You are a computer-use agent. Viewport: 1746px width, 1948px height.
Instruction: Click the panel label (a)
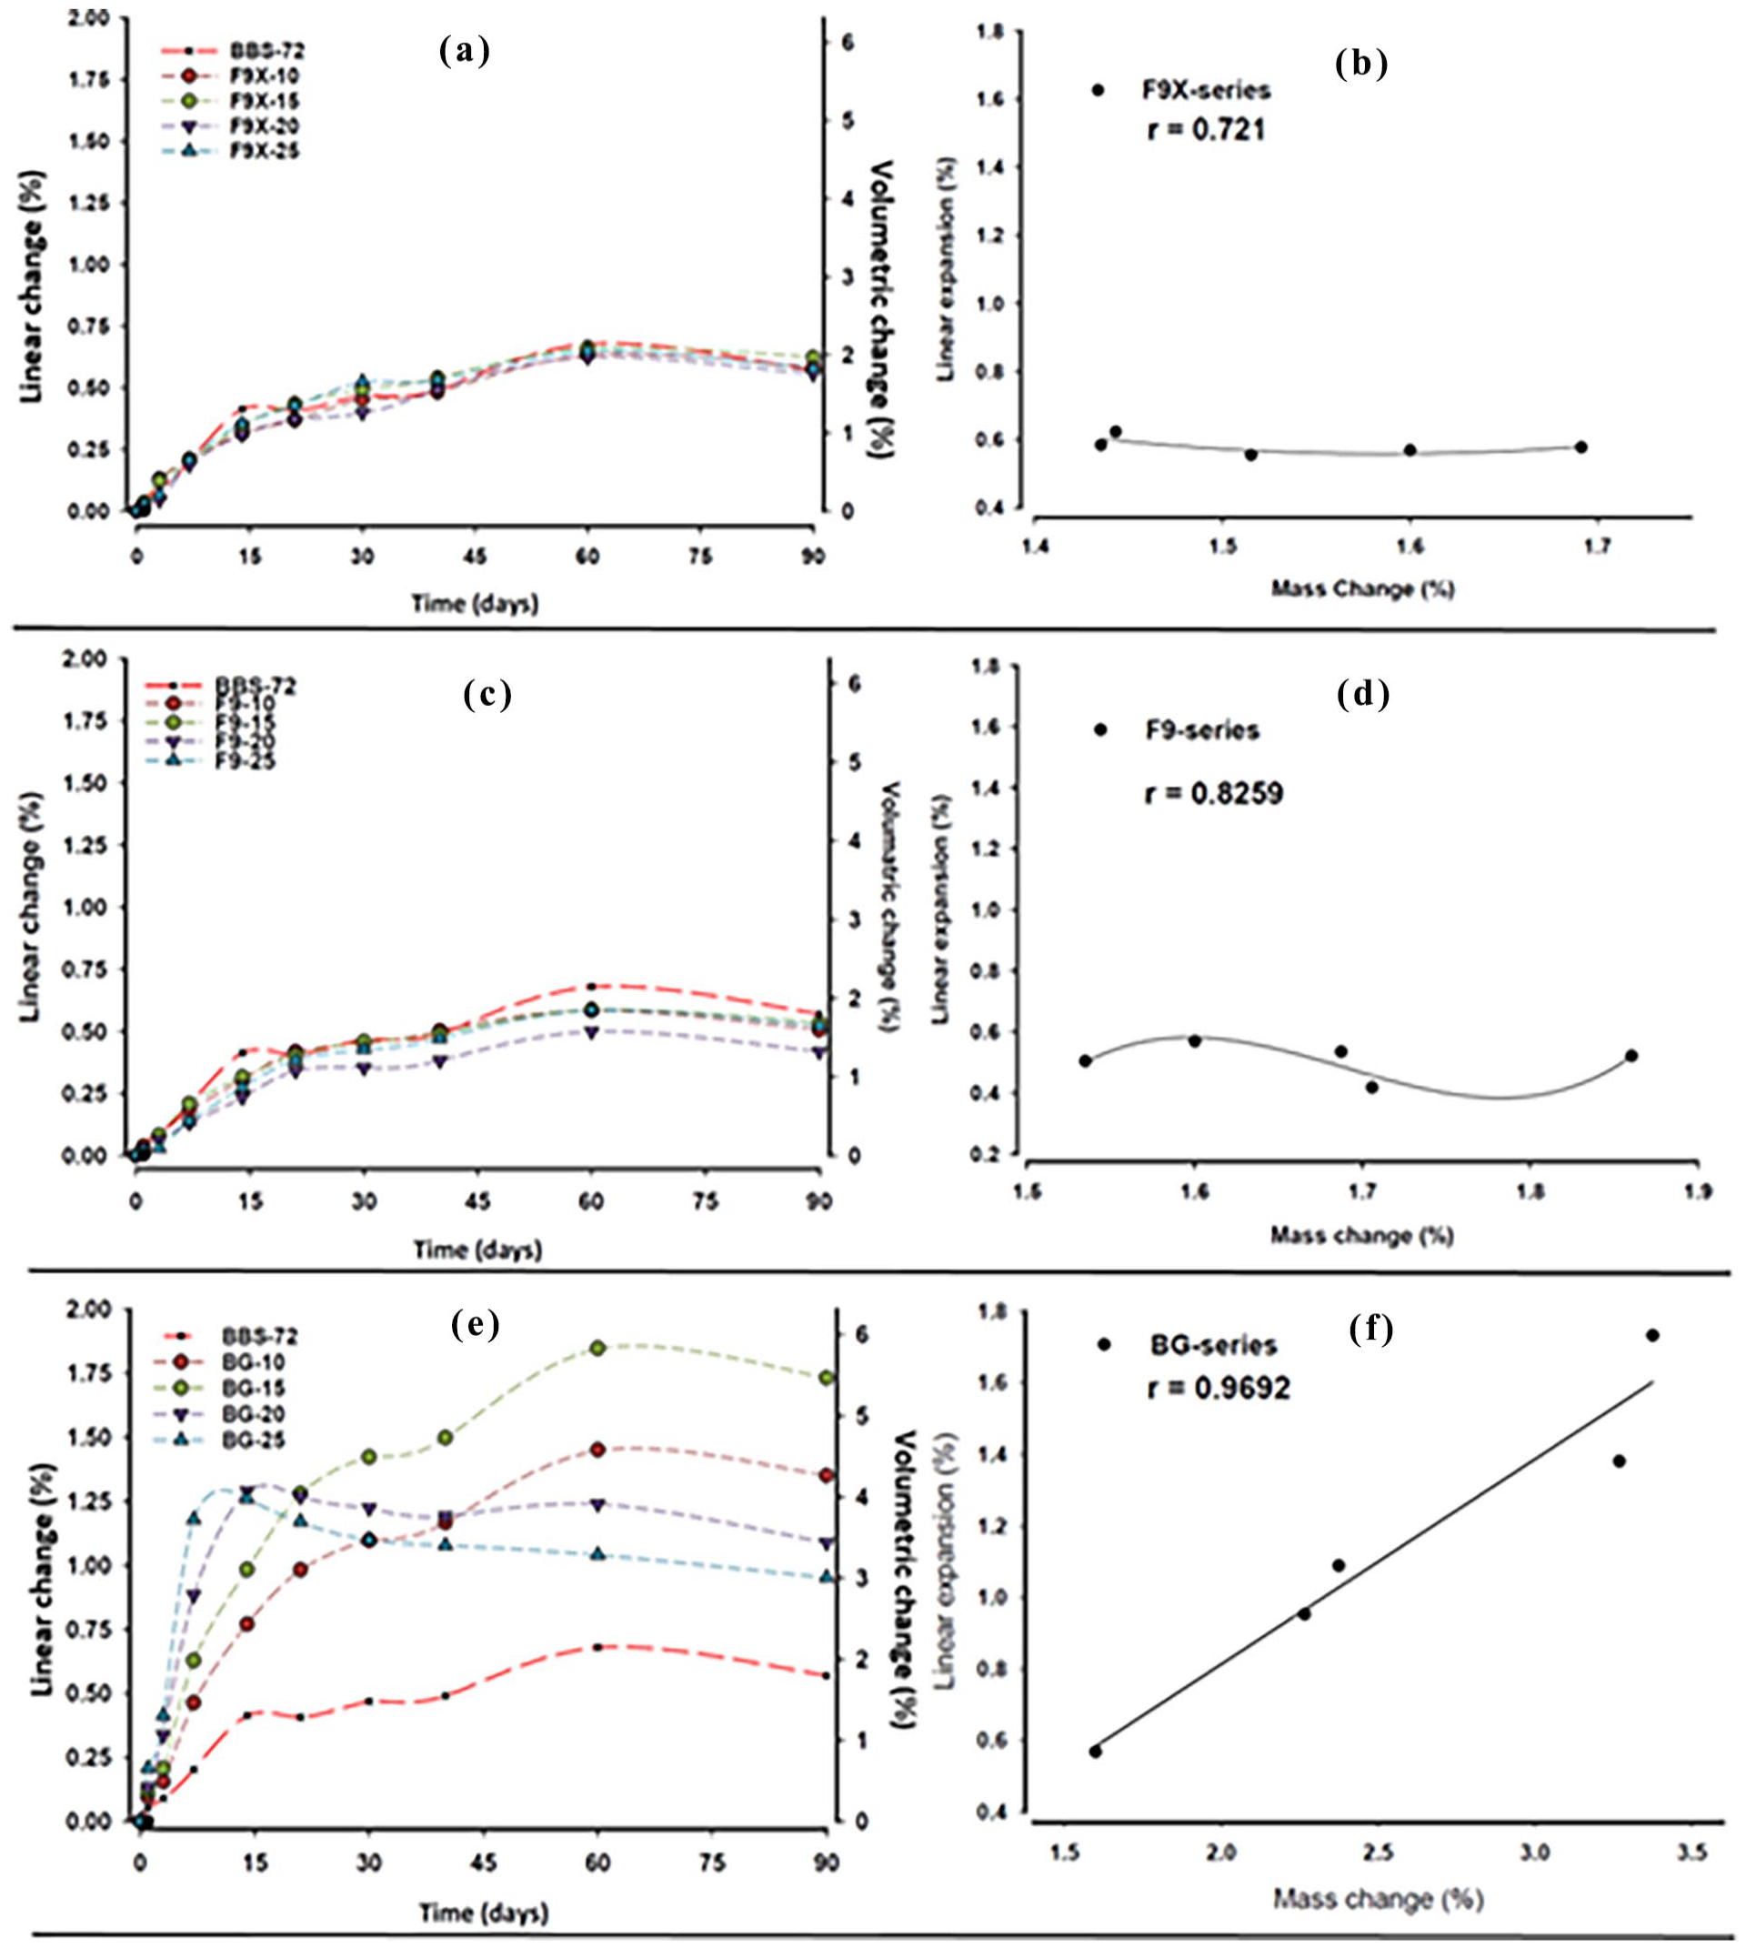(465, 51)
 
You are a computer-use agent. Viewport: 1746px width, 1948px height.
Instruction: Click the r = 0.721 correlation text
(1206, 128)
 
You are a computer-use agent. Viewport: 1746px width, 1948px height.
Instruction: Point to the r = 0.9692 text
(1219, 1388)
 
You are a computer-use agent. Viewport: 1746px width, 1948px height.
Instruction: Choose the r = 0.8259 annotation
(1215, 794)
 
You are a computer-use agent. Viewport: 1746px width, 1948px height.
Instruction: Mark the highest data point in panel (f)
(1652, 1335)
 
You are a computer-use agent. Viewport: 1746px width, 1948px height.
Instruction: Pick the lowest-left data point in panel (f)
(1095, 1752)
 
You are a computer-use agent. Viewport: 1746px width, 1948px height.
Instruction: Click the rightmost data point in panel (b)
(1581, 447)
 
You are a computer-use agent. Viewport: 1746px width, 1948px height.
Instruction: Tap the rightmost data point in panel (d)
(1631, 1056)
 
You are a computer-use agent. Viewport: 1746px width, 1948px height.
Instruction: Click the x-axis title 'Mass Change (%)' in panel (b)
(1362, 589)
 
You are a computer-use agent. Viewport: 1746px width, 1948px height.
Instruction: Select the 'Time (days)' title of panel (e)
(485, 1913)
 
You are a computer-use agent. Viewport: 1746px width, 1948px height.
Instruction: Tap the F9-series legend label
(1201, 730)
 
